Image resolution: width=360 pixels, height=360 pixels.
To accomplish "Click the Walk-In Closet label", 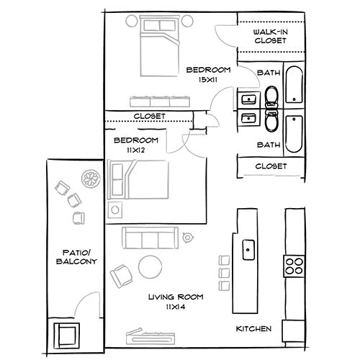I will coord(271,37).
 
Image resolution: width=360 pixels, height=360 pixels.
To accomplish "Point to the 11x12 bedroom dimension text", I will coord(135,150).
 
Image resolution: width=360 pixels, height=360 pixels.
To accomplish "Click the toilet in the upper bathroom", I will coord(272,97).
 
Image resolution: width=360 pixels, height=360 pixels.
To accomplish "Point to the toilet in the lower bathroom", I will coord(272,122).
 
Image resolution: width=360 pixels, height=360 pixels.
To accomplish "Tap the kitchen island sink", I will coord(248,250).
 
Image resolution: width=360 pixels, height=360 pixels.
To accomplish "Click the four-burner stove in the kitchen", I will coord(294,266).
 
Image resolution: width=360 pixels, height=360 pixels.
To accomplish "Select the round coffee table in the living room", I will coord(150,267).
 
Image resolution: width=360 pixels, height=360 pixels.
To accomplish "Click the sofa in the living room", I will coord(151,237).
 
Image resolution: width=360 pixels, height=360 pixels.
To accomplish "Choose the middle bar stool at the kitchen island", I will coord(221,274).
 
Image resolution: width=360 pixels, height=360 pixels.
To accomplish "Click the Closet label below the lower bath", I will coord(271,166).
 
